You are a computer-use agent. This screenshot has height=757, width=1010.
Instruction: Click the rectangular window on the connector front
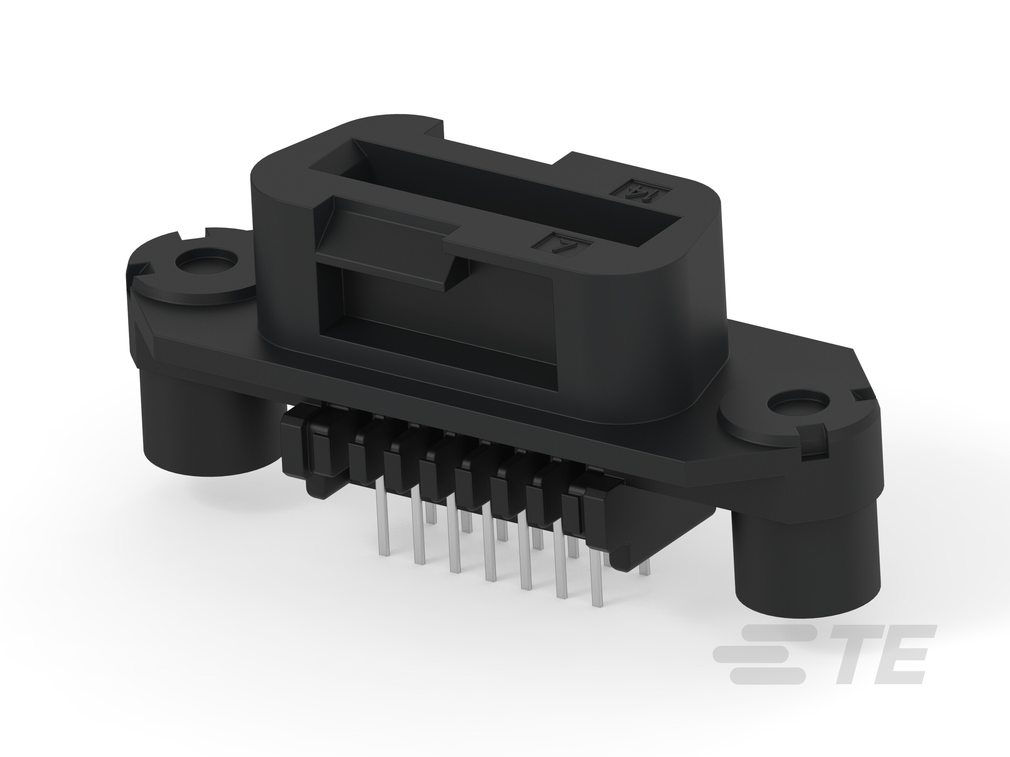[434, 319]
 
